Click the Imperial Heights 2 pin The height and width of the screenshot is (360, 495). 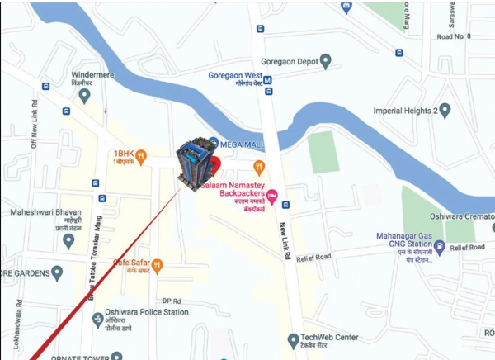tap(445, 110)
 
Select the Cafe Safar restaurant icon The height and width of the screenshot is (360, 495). tap(158, 265)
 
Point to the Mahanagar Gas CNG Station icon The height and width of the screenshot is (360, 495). tap(440, 245)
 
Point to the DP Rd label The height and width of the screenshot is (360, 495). tap(171, 300)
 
